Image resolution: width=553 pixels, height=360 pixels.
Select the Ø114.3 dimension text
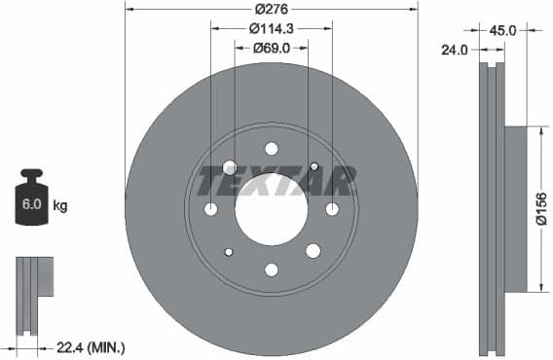coord(272,29)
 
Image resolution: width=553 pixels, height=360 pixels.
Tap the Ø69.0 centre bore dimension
coord(272,48)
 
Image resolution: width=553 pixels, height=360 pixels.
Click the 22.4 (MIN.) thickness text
coord(92,347)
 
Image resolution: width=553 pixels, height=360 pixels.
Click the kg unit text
coord(60,205)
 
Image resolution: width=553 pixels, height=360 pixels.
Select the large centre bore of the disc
coord(272,209)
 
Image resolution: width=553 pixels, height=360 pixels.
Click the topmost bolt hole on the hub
coord(272,149)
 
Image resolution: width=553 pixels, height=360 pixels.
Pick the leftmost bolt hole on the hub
coord(211,209)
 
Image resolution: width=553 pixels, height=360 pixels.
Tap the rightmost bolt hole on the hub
coord(332,209)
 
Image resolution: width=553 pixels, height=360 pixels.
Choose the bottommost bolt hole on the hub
coord(272,270)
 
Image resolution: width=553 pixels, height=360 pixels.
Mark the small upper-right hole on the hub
coord(313,166)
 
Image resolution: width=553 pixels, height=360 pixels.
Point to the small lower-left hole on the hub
coord(229,252)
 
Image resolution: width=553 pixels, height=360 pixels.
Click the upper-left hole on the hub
coord(229,166)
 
